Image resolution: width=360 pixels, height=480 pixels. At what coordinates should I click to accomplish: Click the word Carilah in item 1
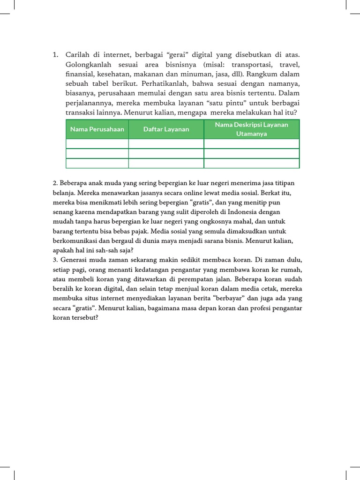point(77,55)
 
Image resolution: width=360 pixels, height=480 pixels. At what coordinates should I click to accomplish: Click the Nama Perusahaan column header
point(97,129)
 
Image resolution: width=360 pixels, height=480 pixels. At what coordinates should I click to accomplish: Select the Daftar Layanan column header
point(166,129)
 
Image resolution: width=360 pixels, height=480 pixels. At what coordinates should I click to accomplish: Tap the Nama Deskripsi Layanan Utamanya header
point(251,129)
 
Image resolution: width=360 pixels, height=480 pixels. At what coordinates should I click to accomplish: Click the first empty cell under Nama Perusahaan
point(97,143)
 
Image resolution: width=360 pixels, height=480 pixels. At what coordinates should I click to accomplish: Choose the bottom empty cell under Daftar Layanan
point(166,163)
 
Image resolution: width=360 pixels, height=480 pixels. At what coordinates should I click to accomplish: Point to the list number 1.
point(55,55)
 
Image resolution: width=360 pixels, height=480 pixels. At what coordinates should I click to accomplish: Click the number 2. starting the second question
point(55,183)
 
